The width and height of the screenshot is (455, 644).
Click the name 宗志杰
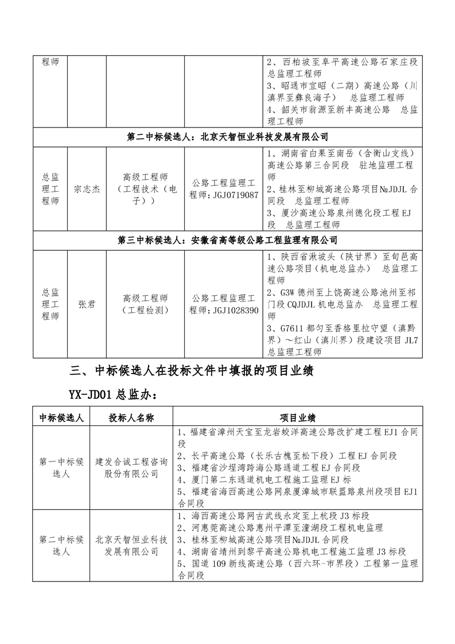(87, 189)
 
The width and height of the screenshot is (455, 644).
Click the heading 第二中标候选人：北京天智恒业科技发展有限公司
(227, 137)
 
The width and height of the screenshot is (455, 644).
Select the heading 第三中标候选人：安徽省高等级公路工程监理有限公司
(227, 240)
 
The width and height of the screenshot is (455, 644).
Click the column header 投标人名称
(131, 417)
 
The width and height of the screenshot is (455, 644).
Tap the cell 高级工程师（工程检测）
(145, 304)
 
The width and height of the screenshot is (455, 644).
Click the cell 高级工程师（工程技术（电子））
(145, 189)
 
